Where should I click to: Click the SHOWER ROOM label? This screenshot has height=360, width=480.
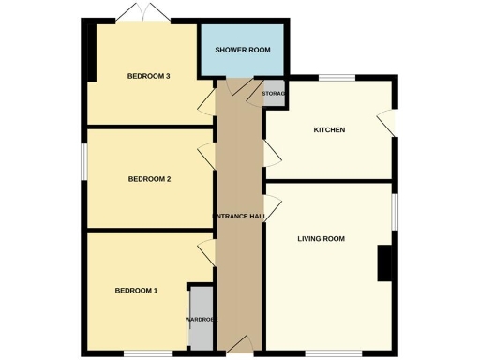(x=242, y=49)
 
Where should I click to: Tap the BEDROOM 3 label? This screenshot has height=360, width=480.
(x=148, y=77)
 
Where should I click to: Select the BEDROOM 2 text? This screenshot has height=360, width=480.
(x=148, y=178)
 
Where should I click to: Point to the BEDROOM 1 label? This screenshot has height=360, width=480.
(x=136, y=291)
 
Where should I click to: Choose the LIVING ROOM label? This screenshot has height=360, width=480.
(x=322, y=239)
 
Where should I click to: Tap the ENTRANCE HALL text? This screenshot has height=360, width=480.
(x=240, y=217)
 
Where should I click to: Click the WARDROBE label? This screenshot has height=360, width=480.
(x=201, y=319)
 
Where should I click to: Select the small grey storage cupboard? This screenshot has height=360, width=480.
(x=274, y=94)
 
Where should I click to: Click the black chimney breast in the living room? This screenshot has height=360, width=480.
(x=384, y=262)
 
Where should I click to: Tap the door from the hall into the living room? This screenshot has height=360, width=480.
(x=272, y=206)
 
